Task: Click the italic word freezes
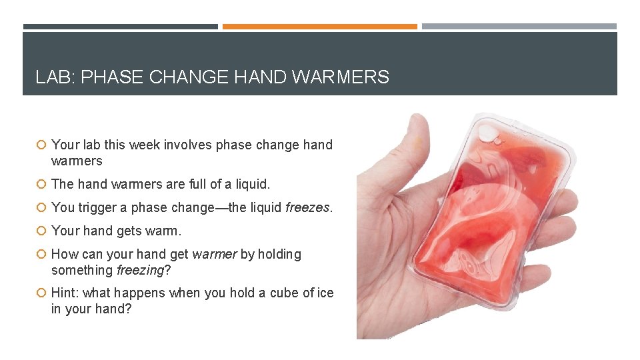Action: (x=307, y=207)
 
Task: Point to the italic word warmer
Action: (x=213, y=254)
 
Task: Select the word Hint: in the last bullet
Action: (x=67, y=293)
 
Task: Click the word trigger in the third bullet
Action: (x=97, y=207)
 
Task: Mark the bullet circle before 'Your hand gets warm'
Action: (x=41, y=231)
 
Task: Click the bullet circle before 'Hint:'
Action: (x=41, y=293)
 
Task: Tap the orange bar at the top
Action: (x=319, y=27)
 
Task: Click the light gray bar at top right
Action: (x=519, y=27)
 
